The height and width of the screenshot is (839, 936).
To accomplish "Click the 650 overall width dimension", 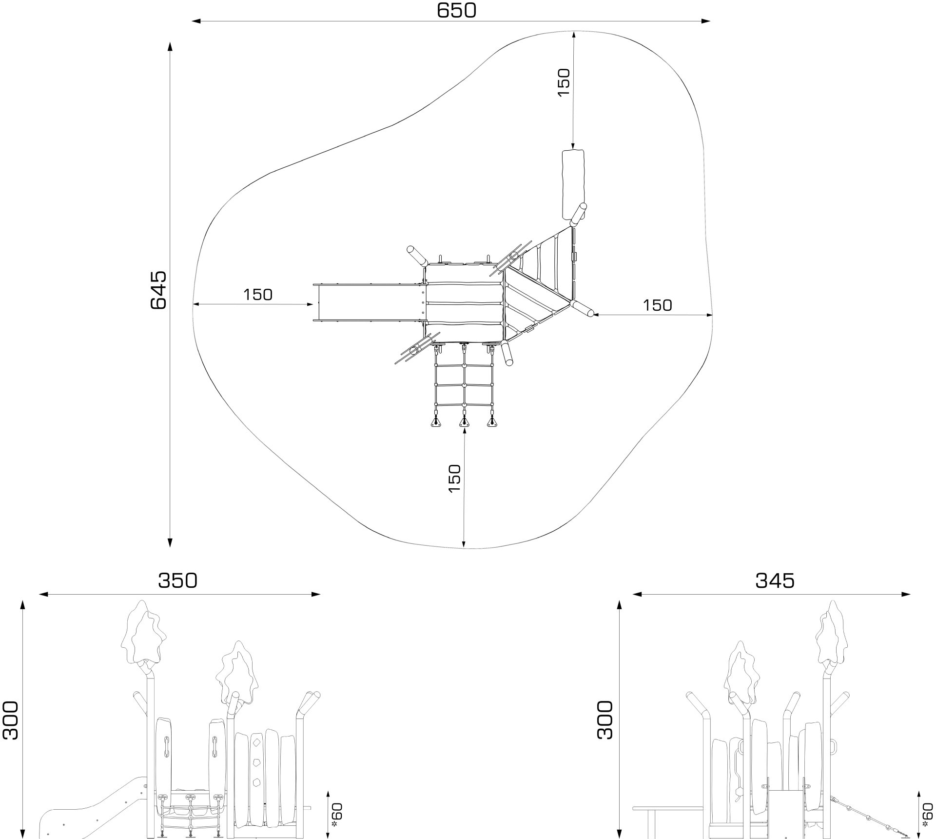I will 456,10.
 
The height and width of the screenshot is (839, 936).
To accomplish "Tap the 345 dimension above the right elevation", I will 775,580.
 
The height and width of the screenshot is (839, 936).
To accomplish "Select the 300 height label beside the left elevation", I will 11,721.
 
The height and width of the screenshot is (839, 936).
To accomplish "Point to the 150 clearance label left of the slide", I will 258,295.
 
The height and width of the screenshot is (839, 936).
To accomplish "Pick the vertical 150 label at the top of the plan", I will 564,82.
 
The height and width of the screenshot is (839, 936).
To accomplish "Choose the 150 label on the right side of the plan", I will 657,305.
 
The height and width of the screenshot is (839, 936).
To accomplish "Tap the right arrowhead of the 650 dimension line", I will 707,21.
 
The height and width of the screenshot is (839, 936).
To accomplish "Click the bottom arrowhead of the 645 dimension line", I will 170,543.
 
